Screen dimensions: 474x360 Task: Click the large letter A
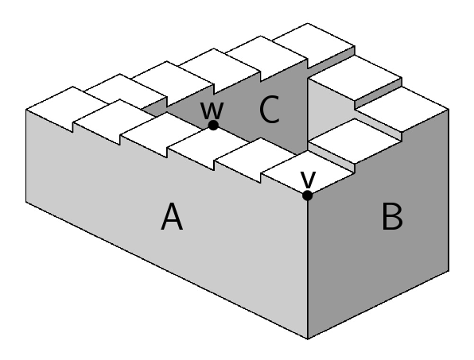coord(172,216)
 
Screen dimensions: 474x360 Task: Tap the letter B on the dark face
coord(392,216)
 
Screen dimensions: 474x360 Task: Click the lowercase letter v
coord(308,180)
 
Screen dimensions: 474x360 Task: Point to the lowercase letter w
coord(212,110)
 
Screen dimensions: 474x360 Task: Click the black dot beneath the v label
coord(308,195)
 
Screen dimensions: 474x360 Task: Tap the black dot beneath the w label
coord(213,125)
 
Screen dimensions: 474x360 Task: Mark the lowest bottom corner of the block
coord(308,339)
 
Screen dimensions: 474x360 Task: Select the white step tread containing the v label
coord(308,172)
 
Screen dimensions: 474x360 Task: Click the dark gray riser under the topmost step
coord(332,58)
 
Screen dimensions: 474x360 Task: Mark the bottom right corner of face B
coord(449,272)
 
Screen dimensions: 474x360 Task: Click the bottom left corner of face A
coord(26,202)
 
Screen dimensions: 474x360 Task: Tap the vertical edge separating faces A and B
coord(308,267)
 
